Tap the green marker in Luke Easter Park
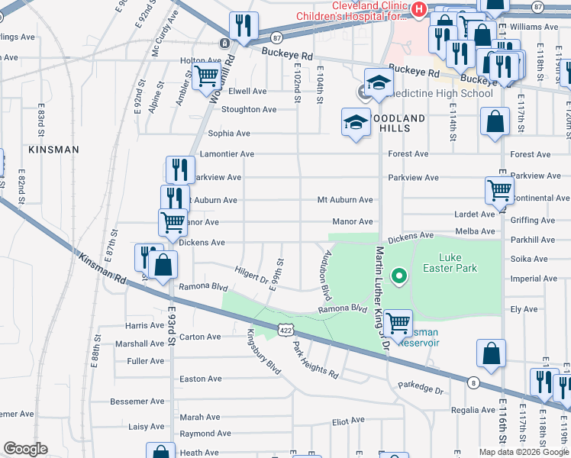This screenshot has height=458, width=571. click(398, 276)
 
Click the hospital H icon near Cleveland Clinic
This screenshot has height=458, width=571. click(418, 9)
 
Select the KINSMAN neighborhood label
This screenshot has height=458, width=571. click(53, 150)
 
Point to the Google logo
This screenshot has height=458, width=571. click(25, 449)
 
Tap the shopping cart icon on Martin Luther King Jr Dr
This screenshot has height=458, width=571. click(398, 323)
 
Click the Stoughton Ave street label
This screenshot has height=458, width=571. click(249, 110)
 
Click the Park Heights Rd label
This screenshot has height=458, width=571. click(315, 361)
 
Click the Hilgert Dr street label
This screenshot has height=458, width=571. click(253, 275)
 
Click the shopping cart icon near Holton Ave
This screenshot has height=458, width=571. click(206, 77)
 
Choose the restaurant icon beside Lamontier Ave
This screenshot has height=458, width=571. click(179, 169)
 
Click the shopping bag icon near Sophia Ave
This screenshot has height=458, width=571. click(495, 121)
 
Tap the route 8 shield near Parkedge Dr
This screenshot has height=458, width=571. click(474, 382)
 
